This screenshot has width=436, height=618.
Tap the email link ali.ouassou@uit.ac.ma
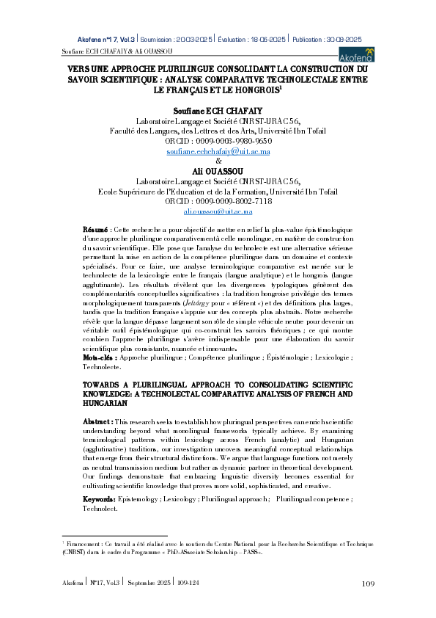click(x=218, y=211)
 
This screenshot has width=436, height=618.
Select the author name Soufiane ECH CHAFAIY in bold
click(x=218, y=110)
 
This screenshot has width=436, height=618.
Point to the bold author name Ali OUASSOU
click(x=218, y=170)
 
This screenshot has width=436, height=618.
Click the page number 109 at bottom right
click(x=369, y=584)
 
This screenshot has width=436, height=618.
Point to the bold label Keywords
click(x=100, y=498)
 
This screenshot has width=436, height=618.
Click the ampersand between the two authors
click(x=218, y=161)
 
